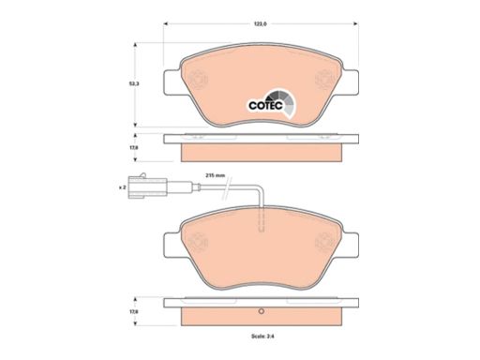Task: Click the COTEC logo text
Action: click(x=265, y=106)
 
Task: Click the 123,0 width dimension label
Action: click(x=260, y=23)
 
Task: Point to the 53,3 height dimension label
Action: click(x=127, y=83)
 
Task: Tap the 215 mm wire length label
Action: click(x=215, y=175)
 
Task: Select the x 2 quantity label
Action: click(x=122, y=187)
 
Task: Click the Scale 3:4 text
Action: click(x=262, y=337)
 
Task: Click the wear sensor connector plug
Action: click(x=148, y=187)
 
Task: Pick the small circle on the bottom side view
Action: click(x=262, y=311)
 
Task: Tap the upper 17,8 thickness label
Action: click(x=127, y=148)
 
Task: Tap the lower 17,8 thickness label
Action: click(x=127, y=311)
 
